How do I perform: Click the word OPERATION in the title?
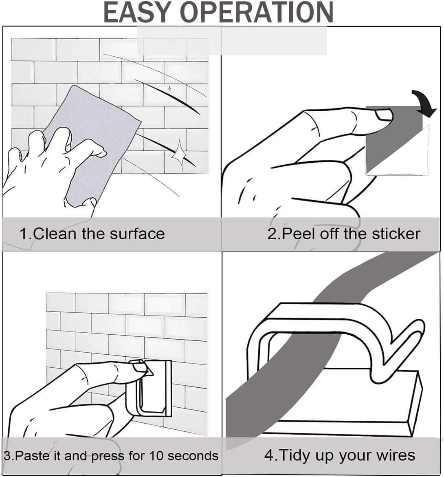tap(257, 13)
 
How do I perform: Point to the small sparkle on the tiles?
tap(169, 89)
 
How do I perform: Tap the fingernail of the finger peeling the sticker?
tap(383, 116)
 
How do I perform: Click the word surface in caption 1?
tap(137, 234)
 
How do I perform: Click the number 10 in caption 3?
tap(156, 456)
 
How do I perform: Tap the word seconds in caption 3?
tap(193, 456)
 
